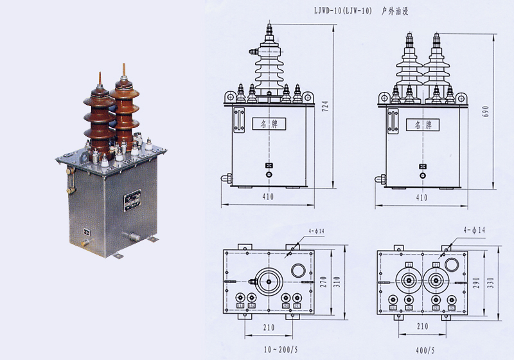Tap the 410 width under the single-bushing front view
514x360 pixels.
click(x=267, y=197)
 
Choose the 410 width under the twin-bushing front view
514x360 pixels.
click(x=421, y=197)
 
